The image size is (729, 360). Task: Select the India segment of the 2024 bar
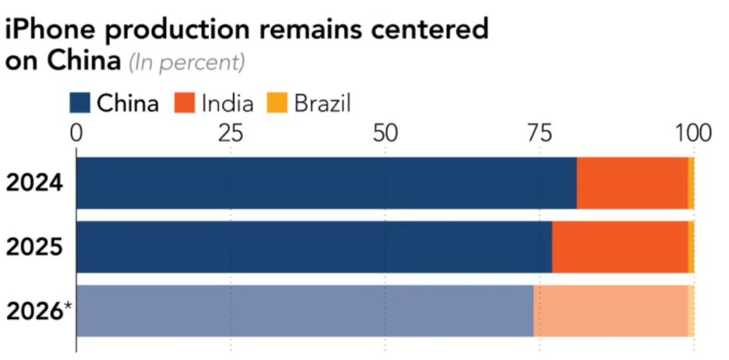click(x=632, y=183)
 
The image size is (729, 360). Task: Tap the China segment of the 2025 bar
click(x=314, y=247)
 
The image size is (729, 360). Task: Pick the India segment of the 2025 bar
click(x=620, y=247)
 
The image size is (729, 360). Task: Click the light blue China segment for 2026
click(x=305, y=311)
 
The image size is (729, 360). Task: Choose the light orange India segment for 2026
click(x=611, y=311)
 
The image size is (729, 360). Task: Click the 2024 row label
click(x=35, y=183)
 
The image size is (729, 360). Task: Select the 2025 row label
click(x=35, y=247)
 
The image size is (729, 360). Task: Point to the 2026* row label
click(x=38, y=310)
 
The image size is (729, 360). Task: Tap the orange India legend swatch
click(x=186, y=103)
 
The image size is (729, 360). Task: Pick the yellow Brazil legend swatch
click(x=278, y=103)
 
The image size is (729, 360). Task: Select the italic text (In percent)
click(x=186, y=63)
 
